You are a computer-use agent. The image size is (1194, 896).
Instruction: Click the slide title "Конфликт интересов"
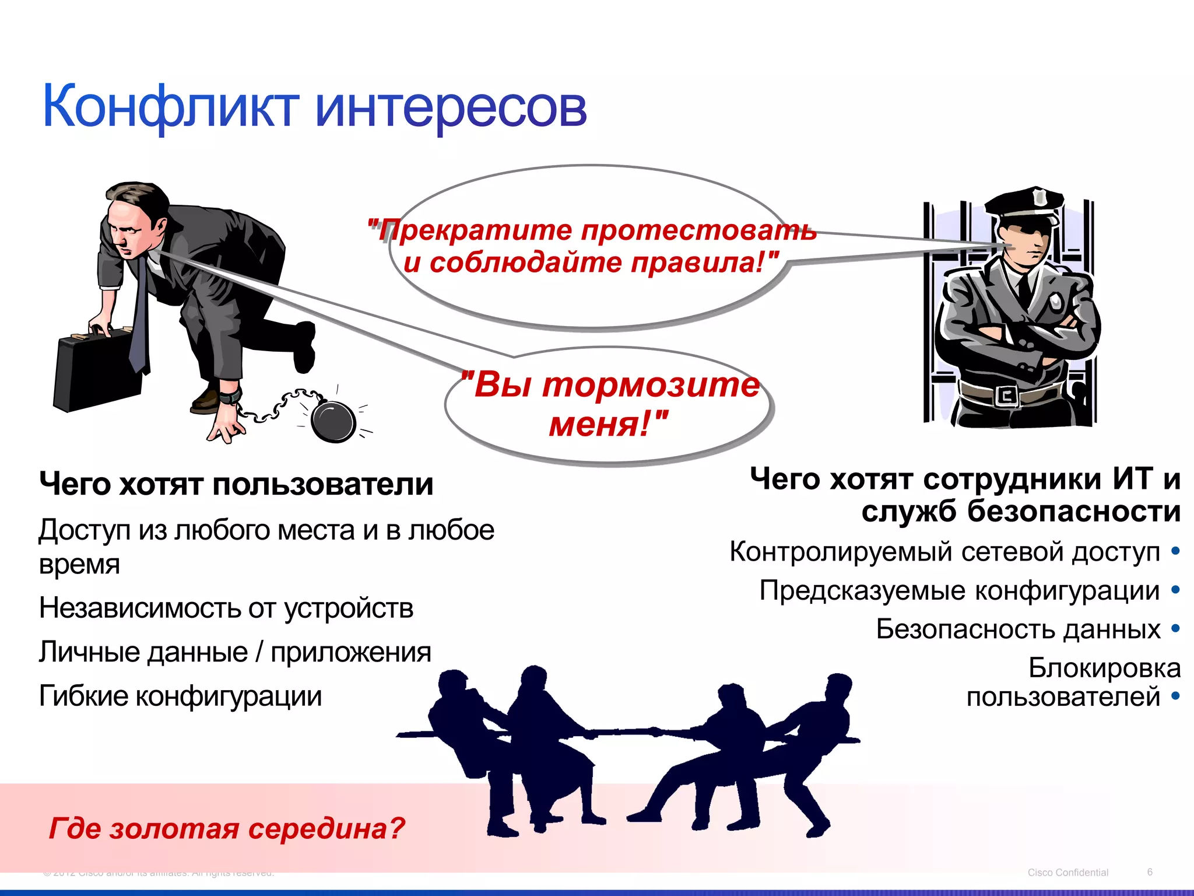(x=315, y=106)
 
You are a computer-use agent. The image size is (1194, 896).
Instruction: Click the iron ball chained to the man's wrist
(x=333, y=420)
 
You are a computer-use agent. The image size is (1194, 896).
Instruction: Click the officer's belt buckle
(x=1007, y=396)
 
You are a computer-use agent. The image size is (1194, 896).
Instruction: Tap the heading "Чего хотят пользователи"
(x=236, y=484)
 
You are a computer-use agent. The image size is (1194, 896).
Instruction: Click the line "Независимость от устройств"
(x=226, y=608)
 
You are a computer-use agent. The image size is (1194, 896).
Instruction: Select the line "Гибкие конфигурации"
(x=180, y=695)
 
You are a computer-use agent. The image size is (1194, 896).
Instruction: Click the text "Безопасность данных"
(x=1018, y=629)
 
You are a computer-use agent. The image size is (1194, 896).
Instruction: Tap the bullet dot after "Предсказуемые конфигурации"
(x=1175, y=590)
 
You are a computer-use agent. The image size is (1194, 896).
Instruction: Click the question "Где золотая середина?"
(x=227, y=828)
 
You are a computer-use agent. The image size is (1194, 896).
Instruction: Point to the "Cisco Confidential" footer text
(x=1067, y=873)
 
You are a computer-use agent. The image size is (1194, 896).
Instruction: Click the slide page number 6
(x=1150, y=872)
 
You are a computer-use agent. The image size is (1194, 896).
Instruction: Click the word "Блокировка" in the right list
(x=1104, y=668)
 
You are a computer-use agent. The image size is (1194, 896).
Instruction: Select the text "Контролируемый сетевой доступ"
(x=944, y=552)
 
